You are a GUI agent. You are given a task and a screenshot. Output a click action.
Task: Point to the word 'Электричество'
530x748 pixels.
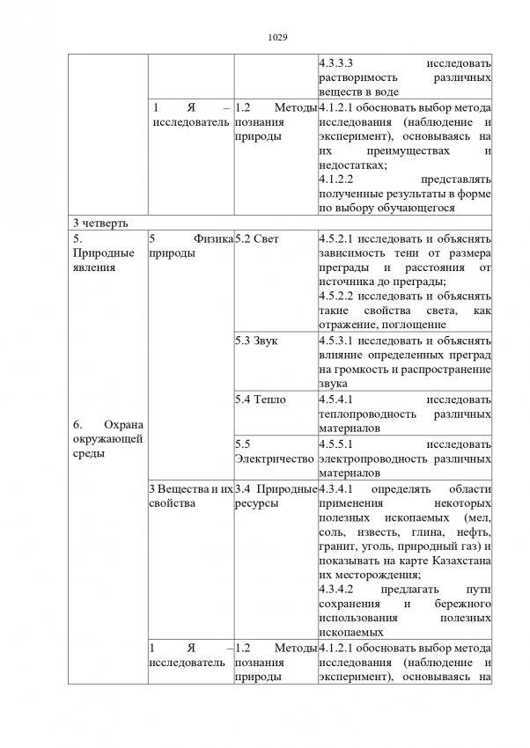[274, 459]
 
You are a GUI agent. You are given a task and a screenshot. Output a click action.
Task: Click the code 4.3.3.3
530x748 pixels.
[338, 64]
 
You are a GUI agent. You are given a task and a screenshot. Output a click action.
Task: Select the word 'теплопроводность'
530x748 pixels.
[362, 414]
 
